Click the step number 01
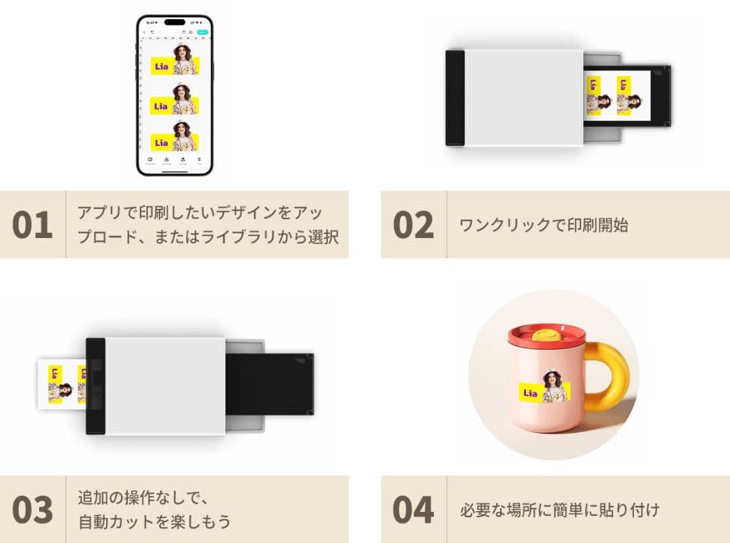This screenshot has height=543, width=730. (x=32, y=225)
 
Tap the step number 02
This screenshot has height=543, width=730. (x=413, y=225)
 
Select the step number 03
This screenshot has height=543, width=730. (x=32, y=511)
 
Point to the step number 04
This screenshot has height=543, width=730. (x=413, y=511)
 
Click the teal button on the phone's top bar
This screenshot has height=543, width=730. (x=202, y=32)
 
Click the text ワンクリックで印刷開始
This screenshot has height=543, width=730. (x=543, y=225)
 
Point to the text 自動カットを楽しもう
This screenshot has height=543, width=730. (x=154, y=521)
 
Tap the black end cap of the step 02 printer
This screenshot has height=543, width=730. (x=454, y=98)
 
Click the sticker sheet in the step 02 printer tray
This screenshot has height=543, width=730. (x=616, y=96)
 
